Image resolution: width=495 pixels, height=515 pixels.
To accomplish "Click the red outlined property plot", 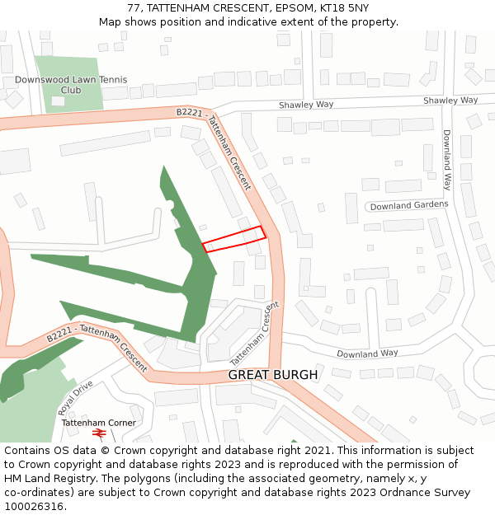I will point(234,238).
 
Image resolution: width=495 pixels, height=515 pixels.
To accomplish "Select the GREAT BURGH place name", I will point(272,375).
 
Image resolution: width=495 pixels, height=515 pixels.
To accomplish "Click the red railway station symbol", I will point(99,433).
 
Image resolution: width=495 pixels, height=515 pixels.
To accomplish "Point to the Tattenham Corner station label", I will point(98,423).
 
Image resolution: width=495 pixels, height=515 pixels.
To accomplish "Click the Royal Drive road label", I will point(75,397).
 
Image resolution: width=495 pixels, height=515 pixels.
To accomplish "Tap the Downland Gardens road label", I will point(408,205).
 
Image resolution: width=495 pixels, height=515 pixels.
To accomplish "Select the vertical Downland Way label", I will point(447,160).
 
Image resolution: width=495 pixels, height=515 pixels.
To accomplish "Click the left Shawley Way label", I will point(305,105).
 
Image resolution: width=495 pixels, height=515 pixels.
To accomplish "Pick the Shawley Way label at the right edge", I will point(450,101).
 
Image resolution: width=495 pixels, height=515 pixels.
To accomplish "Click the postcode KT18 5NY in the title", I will point(342,8).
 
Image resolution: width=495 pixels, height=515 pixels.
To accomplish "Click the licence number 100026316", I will point(35,507).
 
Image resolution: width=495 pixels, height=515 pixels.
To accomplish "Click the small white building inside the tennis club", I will point(58,101).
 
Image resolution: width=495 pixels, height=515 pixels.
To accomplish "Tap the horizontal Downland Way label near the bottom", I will point(367,353).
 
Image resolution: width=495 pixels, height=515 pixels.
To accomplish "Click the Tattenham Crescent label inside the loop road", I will point(255,334).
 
